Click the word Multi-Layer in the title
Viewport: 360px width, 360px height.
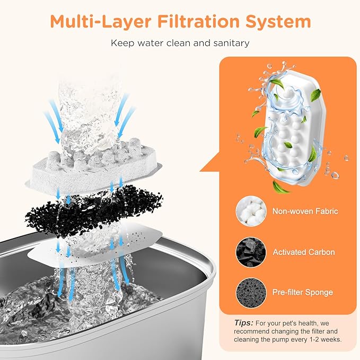click(x=101, y=21)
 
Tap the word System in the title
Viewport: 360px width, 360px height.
click(x=278, y=22)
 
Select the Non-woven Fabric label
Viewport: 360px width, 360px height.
click(x=305, y=211)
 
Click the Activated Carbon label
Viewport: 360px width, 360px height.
click(x=304, y=252)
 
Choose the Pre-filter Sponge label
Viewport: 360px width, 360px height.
click(x=303, y=292)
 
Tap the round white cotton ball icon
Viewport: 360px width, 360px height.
click(x=251, y=211)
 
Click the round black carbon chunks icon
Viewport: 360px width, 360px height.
click(x=251, y=252)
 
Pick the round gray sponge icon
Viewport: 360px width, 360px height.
click(x=251, y=293)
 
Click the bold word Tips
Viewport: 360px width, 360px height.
click(x=243, y=323)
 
